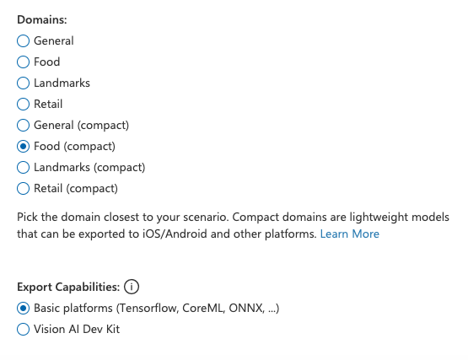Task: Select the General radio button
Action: pos(23,41)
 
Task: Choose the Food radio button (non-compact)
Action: pos(23,62)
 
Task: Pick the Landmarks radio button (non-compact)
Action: pos(23,83)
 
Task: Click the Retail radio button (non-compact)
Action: pos(23,105)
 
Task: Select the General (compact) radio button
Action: pos(23,125)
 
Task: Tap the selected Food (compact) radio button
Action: pos(23,146)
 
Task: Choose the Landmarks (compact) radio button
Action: pos(23,168)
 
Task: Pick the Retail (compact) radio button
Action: pos(23,188)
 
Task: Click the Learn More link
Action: pos(349,234)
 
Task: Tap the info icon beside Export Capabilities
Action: pos(132,287)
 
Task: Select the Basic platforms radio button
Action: pos(23,308)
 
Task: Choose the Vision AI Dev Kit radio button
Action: pos(23,330)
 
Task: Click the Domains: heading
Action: pos(42,19)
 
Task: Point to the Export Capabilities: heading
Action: pos(68,287)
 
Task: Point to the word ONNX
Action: pos(246,308)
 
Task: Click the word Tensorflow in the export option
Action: pos(148,308)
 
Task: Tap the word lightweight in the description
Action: pos(379,217)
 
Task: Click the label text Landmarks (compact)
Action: pos(89,168)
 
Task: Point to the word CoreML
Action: pos(203,308)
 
